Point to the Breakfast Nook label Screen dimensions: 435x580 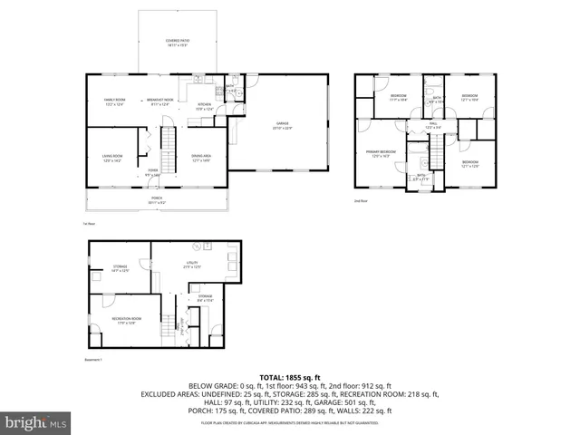[x=160, y=101]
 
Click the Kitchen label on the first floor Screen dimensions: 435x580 [x=205, y=106]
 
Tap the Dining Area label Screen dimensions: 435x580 [x=201, y=159]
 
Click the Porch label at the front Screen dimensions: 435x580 [x=156, y=200]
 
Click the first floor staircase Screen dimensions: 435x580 [x=167, y=145]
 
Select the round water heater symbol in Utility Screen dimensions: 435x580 [x=195, y=246]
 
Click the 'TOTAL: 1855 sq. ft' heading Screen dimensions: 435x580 [x=289, y=376]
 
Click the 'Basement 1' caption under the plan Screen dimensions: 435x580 [x=93, y=360]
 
